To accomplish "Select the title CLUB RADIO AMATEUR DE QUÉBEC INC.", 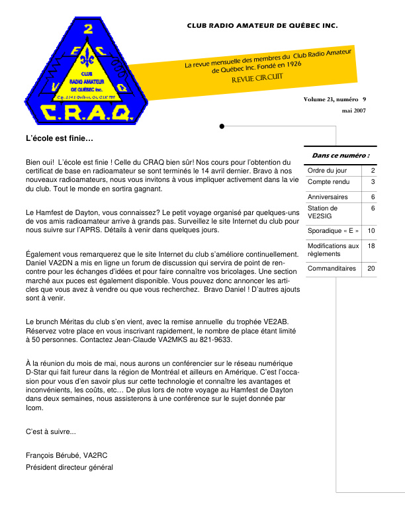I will click(262, 26).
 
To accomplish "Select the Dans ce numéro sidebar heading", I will click(340, 155).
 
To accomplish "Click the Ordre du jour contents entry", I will click(323, 171).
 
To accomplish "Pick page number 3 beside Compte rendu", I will click(373, 181).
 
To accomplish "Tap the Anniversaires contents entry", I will click(328, 196).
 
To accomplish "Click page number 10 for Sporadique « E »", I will click(371, 230).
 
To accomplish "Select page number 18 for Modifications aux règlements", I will click(371, 245).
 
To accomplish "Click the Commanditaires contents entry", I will click(332, 269).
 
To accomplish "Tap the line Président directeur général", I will click(69, 467).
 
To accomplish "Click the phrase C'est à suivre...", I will click(51, 432).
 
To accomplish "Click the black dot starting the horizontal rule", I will click(222, 125).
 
